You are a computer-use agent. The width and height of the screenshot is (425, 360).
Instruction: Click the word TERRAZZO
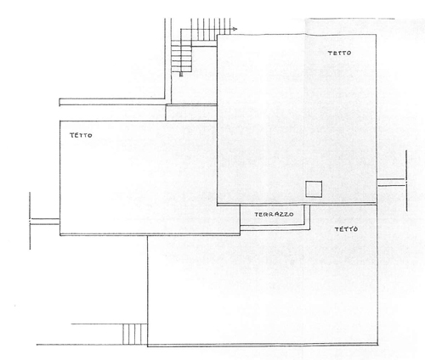274,215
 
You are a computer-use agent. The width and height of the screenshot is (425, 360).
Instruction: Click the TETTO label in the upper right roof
339,53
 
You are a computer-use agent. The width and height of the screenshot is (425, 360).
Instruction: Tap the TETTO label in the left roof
81,135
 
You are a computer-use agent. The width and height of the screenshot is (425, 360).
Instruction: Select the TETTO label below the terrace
346,229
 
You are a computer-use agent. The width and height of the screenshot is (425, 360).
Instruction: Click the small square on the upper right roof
314,189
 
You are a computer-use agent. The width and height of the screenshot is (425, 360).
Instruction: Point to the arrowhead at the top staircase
235,29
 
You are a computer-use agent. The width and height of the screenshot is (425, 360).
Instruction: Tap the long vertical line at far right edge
406,181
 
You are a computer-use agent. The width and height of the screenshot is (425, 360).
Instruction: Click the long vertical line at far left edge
30,221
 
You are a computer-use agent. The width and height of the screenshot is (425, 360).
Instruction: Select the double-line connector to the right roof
391,183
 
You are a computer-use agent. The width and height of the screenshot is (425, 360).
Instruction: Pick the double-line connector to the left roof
45,222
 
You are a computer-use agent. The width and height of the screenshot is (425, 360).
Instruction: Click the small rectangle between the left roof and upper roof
191,113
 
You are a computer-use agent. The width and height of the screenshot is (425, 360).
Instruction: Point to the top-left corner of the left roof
59,121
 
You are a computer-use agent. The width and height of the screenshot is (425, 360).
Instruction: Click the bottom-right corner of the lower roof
377,345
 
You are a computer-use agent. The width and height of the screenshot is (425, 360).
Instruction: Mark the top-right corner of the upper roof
376,35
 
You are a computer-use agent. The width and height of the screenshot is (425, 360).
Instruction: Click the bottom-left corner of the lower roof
147,346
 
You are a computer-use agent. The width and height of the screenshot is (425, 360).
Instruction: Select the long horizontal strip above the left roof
112,102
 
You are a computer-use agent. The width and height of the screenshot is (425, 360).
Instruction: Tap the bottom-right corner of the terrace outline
309,229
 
